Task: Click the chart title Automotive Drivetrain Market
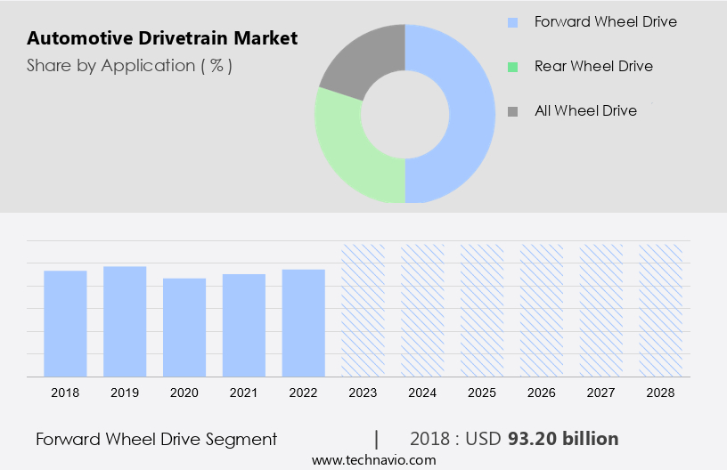[162, 38]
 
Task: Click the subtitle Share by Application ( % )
[129, 66]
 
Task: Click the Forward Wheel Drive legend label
[605, 21]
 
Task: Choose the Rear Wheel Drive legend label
[593, 66]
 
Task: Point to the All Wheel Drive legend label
[585, 110]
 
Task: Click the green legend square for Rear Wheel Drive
[512, 67]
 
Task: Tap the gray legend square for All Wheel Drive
[512, 111]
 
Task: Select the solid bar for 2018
[65, 323]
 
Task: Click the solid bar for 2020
[184, 327]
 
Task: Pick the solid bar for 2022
[303, 322]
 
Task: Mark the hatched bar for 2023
[363, 310]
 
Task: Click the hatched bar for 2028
[660, 310]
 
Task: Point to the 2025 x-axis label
[482, 393]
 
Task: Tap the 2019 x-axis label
[125, 393]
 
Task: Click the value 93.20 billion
[563, 439]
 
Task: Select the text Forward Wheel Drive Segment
[157, 439]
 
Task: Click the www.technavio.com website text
[374, 460]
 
